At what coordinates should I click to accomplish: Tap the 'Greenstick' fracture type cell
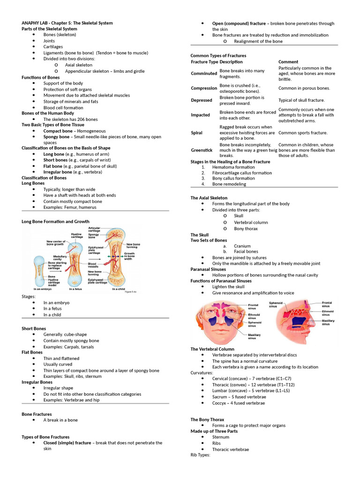pos(202,150)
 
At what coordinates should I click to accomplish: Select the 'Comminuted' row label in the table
pos(204,74)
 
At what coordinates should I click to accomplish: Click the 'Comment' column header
pos(288,62)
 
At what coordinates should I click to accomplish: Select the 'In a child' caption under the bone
pos(119,289)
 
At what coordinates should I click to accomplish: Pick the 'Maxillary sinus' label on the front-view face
pos(255,336)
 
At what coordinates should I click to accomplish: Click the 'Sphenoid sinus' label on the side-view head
pos(276,305)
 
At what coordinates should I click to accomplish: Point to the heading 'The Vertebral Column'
pos(212,349)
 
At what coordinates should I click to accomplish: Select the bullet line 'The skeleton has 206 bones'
pos(70,119)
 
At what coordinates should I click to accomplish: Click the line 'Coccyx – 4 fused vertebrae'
pos(239,402)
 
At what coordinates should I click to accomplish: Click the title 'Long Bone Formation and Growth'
pos(55,221)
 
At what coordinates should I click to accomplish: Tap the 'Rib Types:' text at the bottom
pos(201,455)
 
